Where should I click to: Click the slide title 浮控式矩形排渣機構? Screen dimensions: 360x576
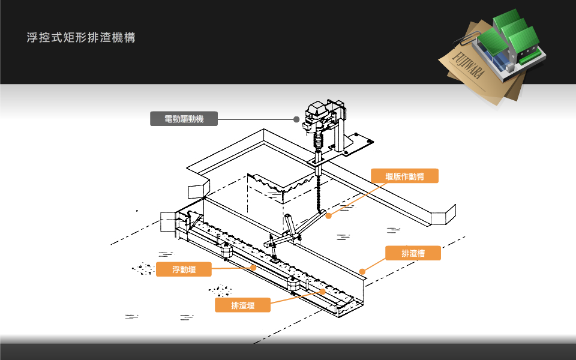(81, 38)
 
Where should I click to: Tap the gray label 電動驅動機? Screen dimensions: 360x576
(184, 119)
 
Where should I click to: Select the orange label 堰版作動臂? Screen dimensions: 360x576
(404, 176)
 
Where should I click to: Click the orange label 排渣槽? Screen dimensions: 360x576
(413, 253)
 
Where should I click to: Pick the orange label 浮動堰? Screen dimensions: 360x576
(184, 269)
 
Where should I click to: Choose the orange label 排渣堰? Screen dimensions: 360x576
(242, 305)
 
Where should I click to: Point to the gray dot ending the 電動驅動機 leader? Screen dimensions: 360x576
(296, 119)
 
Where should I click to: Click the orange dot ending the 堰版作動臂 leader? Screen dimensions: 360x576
(328, 216)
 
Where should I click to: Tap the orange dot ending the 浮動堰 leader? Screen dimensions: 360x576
(255, 268)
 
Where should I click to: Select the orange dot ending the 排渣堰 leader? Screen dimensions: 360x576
(323, 292)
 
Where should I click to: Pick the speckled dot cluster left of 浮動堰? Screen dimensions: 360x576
(143, 268)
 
